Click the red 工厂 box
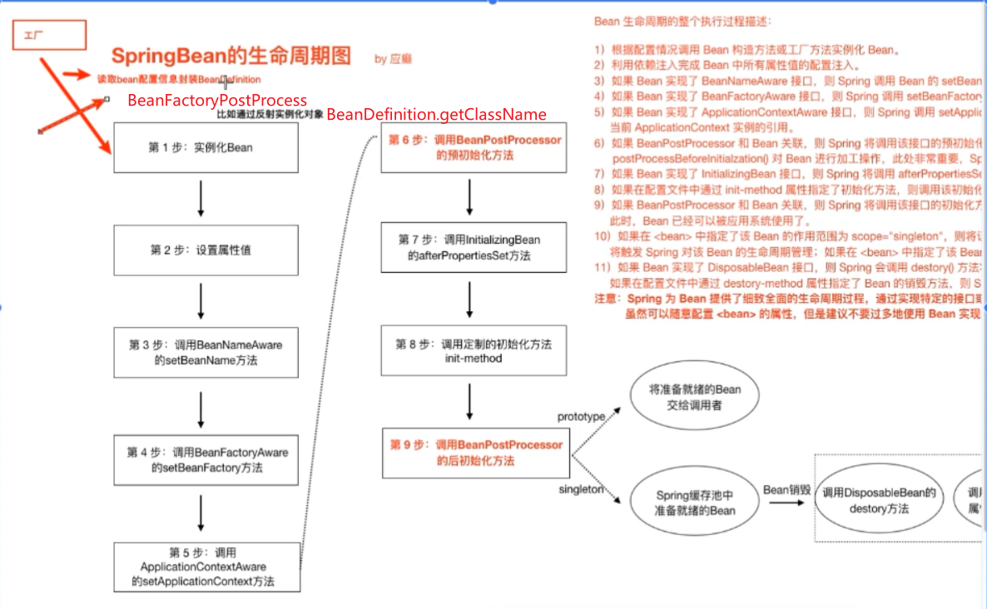49,35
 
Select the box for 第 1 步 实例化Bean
206,147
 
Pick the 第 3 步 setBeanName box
206,353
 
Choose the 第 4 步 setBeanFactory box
206,460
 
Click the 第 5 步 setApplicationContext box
206,567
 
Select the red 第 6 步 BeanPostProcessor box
474,147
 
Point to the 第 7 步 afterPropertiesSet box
474,247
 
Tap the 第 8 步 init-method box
474,351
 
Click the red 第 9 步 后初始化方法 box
476,453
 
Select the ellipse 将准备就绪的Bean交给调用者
694,398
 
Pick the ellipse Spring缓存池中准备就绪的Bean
694,503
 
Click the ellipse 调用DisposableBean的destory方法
879,501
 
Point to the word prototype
581,416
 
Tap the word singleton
581,490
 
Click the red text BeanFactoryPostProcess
217,101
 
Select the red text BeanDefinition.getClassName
436,115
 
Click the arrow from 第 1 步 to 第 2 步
201,199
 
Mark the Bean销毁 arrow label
786,490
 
